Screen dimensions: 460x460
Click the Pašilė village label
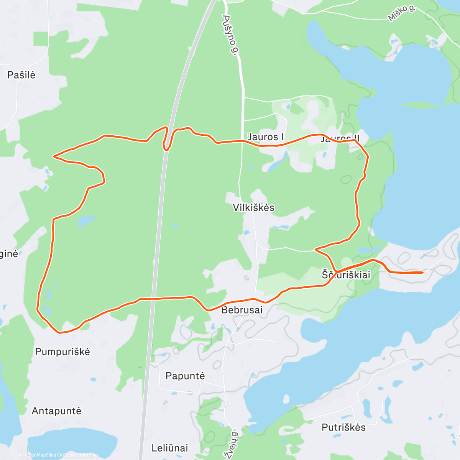click(x=21, y=75)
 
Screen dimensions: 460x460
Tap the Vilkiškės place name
click(x=254, y=208)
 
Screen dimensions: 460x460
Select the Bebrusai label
click(x=242, y=310)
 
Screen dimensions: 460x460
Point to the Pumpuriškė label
click(x=62, y=352)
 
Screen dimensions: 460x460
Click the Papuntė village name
click(x=185, y=376)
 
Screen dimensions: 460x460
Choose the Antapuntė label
click(x=57, y=411)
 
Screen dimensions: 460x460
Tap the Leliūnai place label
click(x=170, y=448)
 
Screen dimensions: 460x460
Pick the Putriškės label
click(x=343, y=427)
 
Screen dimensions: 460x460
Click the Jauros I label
click(x=266, y=137)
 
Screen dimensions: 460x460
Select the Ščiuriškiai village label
click(x=346, y=275)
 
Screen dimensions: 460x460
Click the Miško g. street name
click(x=401, y=13)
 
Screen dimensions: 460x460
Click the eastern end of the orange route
click(x=422, y=273)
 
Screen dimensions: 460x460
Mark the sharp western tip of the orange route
click(x=54, y=156)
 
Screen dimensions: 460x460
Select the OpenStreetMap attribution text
click(x=80, y=455)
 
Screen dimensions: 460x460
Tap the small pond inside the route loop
click(x=86, y=220)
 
